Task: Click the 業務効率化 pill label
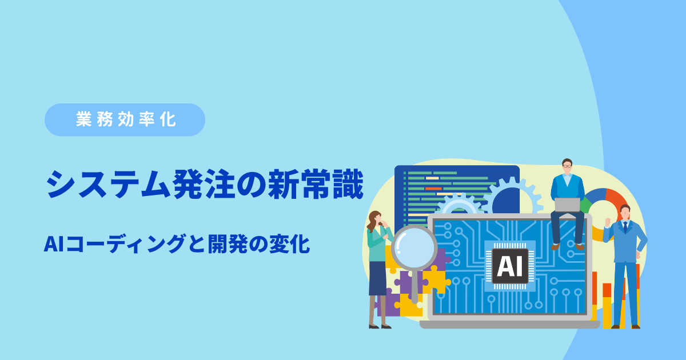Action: click(125, 119)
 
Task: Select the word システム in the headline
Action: click(108, 184)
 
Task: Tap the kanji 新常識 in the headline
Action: click(316, 184)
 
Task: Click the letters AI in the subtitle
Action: click(54, 244)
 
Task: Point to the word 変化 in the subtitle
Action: click(289, 244)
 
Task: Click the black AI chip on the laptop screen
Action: click(510, 266)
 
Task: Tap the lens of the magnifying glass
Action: click(414, 247)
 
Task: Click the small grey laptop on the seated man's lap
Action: click(567, 205)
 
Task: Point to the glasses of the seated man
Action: click(567, 166)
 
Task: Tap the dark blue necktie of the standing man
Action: click(625, 227)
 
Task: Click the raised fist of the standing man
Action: click(608, 222)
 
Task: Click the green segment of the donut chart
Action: click(585, 205)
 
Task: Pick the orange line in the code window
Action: click(433, 189)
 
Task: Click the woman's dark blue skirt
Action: click(378, 278)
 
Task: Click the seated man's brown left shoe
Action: click(555, 246)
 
